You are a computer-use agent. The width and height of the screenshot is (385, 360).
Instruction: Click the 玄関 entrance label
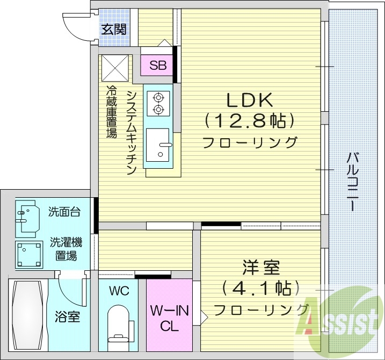pos(114,28)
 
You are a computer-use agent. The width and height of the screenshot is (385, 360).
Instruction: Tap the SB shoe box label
pos(158,66)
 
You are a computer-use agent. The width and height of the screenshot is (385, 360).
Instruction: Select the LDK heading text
pos(250,100)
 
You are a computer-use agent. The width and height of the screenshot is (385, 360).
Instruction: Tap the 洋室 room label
pos(261,267)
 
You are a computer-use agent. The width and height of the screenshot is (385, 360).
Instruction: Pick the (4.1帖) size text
pos(261,289)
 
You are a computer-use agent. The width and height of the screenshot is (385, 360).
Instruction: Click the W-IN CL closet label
pos(169,318)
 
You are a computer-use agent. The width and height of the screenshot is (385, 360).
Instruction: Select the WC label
pos(119,291)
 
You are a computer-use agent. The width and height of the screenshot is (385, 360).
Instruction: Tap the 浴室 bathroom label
pos(68,316)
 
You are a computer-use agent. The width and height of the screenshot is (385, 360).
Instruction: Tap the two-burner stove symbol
pos(159,103)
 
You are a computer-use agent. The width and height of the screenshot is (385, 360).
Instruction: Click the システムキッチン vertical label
pos(132,132)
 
